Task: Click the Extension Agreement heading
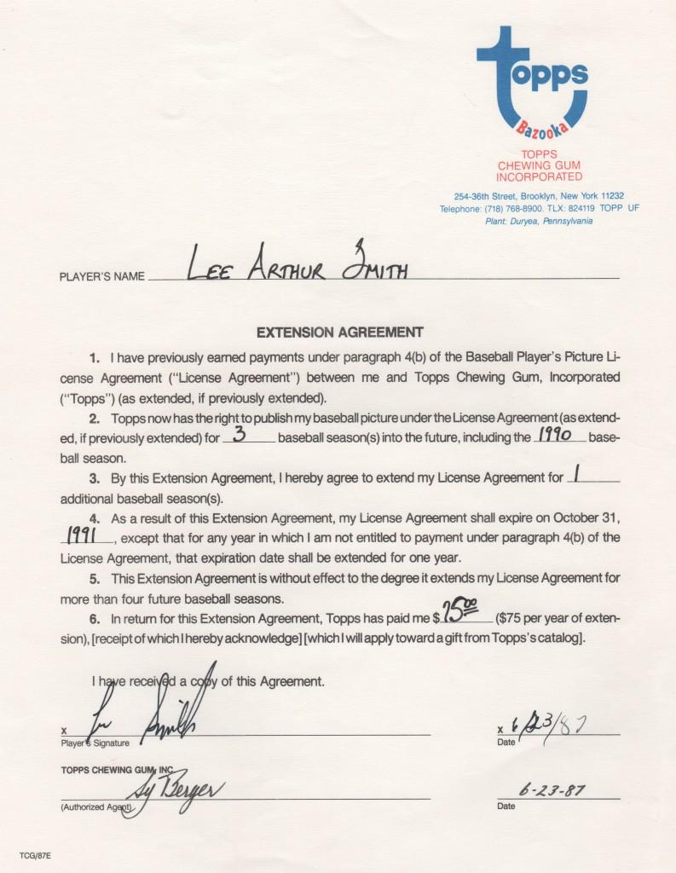click(339, 332)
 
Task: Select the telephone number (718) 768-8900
click(517, 209)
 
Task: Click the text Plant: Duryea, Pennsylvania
click(539, 221)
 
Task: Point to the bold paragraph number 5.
click(93, 578)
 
